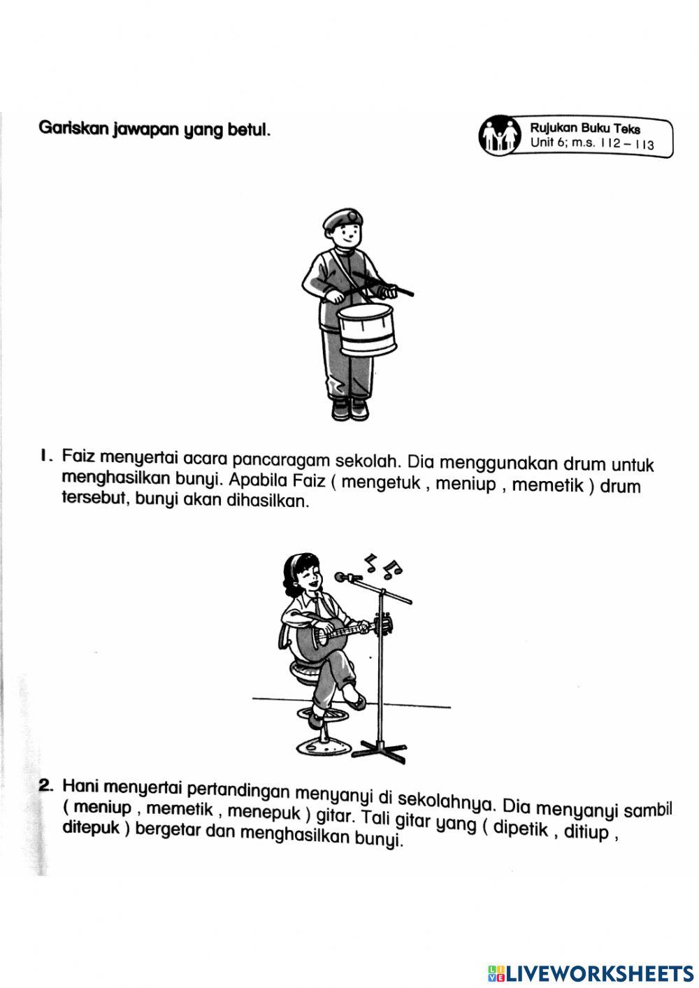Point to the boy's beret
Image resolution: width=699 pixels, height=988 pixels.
343,219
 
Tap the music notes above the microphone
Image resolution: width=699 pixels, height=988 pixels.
383,564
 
